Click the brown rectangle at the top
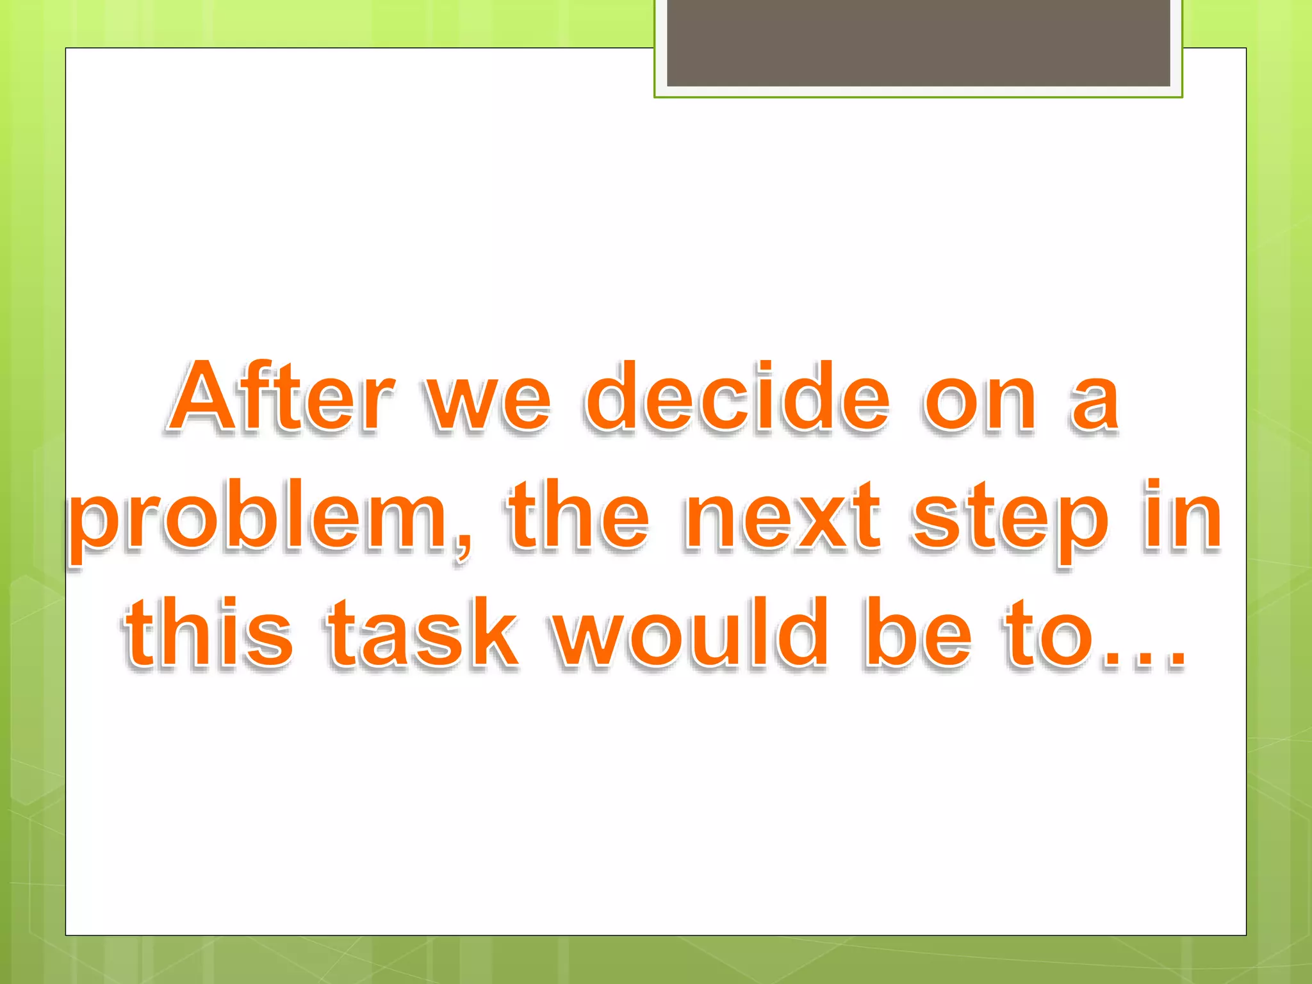[x=918, y=42]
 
